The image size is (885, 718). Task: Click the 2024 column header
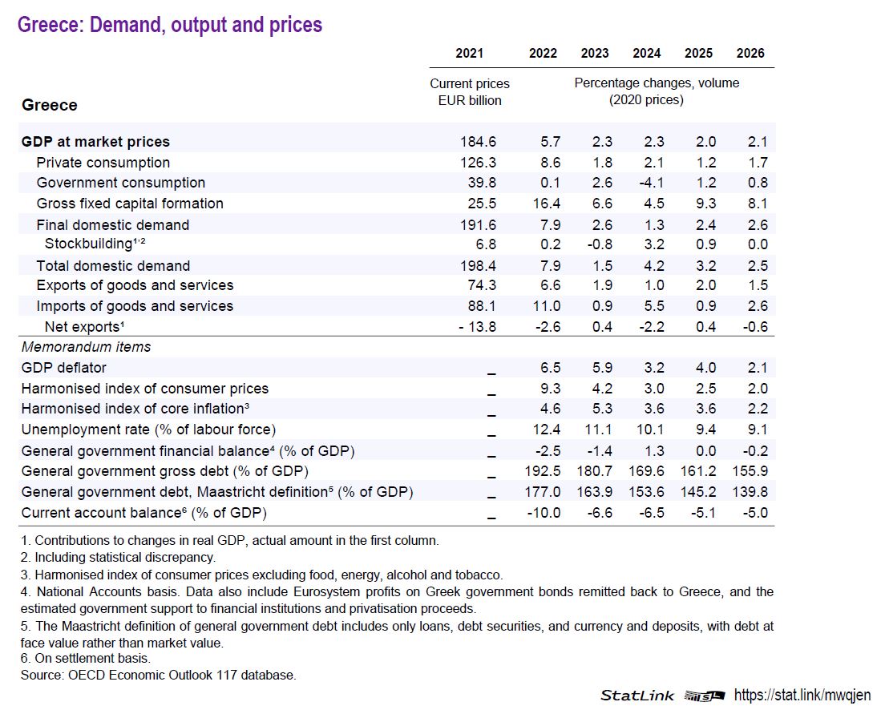[x=646, y=54]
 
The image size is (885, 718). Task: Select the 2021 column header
[x=469, y=54]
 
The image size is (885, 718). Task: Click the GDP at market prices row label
[x=95, y=142]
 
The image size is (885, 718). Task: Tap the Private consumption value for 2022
[x=544, y=163]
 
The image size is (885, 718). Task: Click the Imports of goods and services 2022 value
[x=544, y=305]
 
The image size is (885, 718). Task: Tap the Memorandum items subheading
[x=86, y=347]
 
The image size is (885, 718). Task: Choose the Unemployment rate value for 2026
[x=750, y=430]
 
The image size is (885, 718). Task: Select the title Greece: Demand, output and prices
[x=170, y=25]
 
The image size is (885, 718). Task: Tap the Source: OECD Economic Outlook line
[x=159, y=675]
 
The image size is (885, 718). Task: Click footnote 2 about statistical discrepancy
[x=119, y=557]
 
